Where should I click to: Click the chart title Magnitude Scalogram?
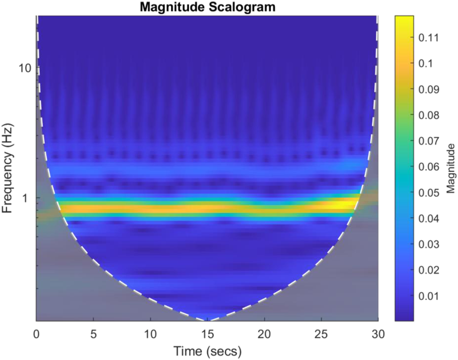207,7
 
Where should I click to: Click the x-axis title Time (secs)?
207,351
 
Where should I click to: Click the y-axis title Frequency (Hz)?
8,168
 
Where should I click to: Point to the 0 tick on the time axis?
36,334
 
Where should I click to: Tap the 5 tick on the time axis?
93,334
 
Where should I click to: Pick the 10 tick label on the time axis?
150,334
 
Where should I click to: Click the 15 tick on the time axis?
207,334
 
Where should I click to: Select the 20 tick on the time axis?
264,334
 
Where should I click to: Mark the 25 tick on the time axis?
321,334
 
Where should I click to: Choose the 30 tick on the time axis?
378,334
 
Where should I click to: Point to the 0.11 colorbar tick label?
428,38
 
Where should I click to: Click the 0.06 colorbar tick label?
428,167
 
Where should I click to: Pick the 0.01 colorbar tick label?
428,296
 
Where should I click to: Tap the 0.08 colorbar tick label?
428,115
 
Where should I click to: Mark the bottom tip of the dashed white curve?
207,320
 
